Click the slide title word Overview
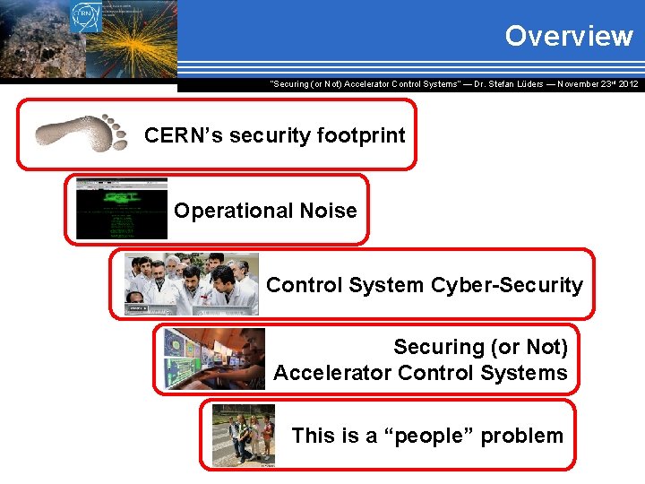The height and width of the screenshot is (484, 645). click(x=568, y=36)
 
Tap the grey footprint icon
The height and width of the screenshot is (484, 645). click(x=82, y=134)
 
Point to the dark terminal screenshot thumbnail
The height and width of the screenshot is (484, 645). click(x=122, y=209)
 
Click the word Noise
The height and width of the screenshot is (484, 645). click(x=331, y=212)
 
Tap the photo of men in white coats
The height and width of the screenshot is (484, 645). click(x=192, y=284)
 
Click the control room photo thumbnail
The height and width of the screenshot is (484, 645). click(x=214, y=359)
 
